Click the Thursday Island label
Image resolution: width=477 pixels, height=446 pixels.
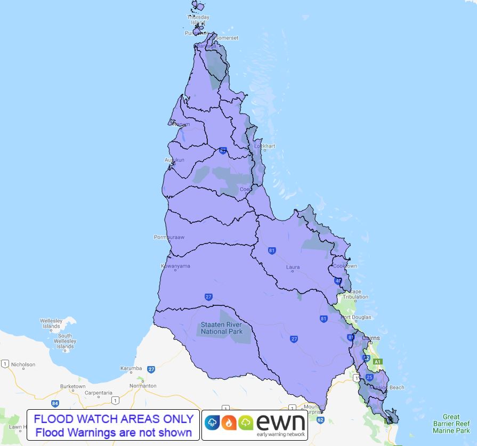coord(198,20)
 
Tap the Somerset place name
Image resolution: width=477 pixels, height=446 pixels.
coord(227,38)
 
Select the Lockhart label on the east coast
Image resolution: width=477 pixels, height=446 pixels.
coord(265,146)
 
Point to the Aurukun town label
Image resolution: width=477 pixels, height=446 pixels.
coord(174,160)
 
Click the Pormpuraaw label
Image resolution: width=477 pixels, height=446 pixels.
coord(169,237)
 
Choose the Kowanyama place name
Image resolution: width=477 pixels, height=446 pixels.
coord(175,266)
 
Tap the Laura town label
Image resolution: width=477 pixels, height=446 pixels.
coord(293,267)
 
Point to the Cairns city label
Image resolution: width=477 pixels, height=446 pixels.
coord(370,338)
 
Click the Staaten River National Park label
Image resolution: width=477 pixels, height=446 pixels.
coord(221,328)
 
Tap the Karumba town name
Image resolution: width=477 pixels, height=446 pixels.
coord(131,369)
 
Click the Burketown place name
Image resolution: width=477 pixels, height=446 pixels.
coord(73,386)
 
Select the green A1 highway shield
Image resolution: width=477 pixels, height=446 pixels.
coord(377,362)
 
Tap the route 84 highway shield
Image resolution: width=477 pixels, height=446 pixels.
coord(54,403)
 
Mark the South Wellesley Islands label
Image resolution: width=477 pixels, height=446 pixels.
coord(66,341)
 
